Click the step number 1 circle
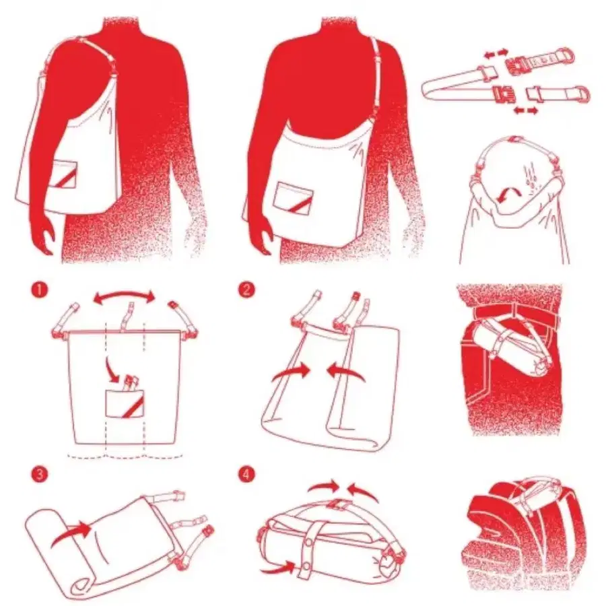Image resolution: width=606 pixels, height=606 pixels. [40, 290]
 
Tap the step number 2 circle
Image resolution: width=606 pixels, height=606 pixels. [246, 290]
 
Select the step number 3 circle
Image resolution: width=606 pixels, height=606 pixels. [40, 475]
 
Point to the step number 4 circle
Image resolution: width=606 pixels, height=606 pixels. [246, 475]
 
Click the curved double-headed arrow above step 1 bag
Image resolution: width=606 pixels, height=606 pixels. [124, 293]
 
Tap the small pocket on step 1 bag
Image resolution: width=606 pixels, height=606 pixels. [125, 403]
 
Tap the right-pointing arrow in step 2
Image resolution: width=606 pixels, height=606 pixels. [291, 373]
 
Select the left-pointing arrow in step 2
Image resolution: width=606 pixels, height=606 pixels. [345, 372]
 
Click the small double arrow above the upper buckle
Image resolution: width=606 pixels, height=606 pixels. [496, 53]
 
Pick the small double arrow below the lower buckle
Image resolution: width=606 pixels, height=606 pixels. [526, 111]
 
